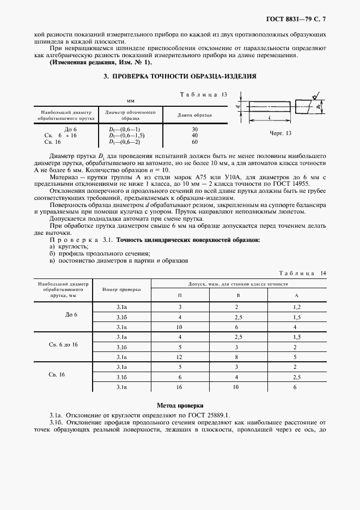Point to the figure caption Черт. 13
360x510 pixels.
click(281, 132)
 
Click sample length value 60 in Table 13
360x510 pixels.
click(194, 141)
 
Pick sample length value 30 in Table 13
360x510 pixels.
click(194, 129)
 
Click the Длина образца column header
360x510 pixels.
click(195, 115)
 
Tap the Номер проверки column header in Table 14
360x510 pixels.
click(121, 289)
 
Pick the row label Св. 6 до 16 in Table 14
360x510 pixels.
click(64, 345)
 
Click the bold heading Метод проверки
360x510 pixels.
click(180, 405)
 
